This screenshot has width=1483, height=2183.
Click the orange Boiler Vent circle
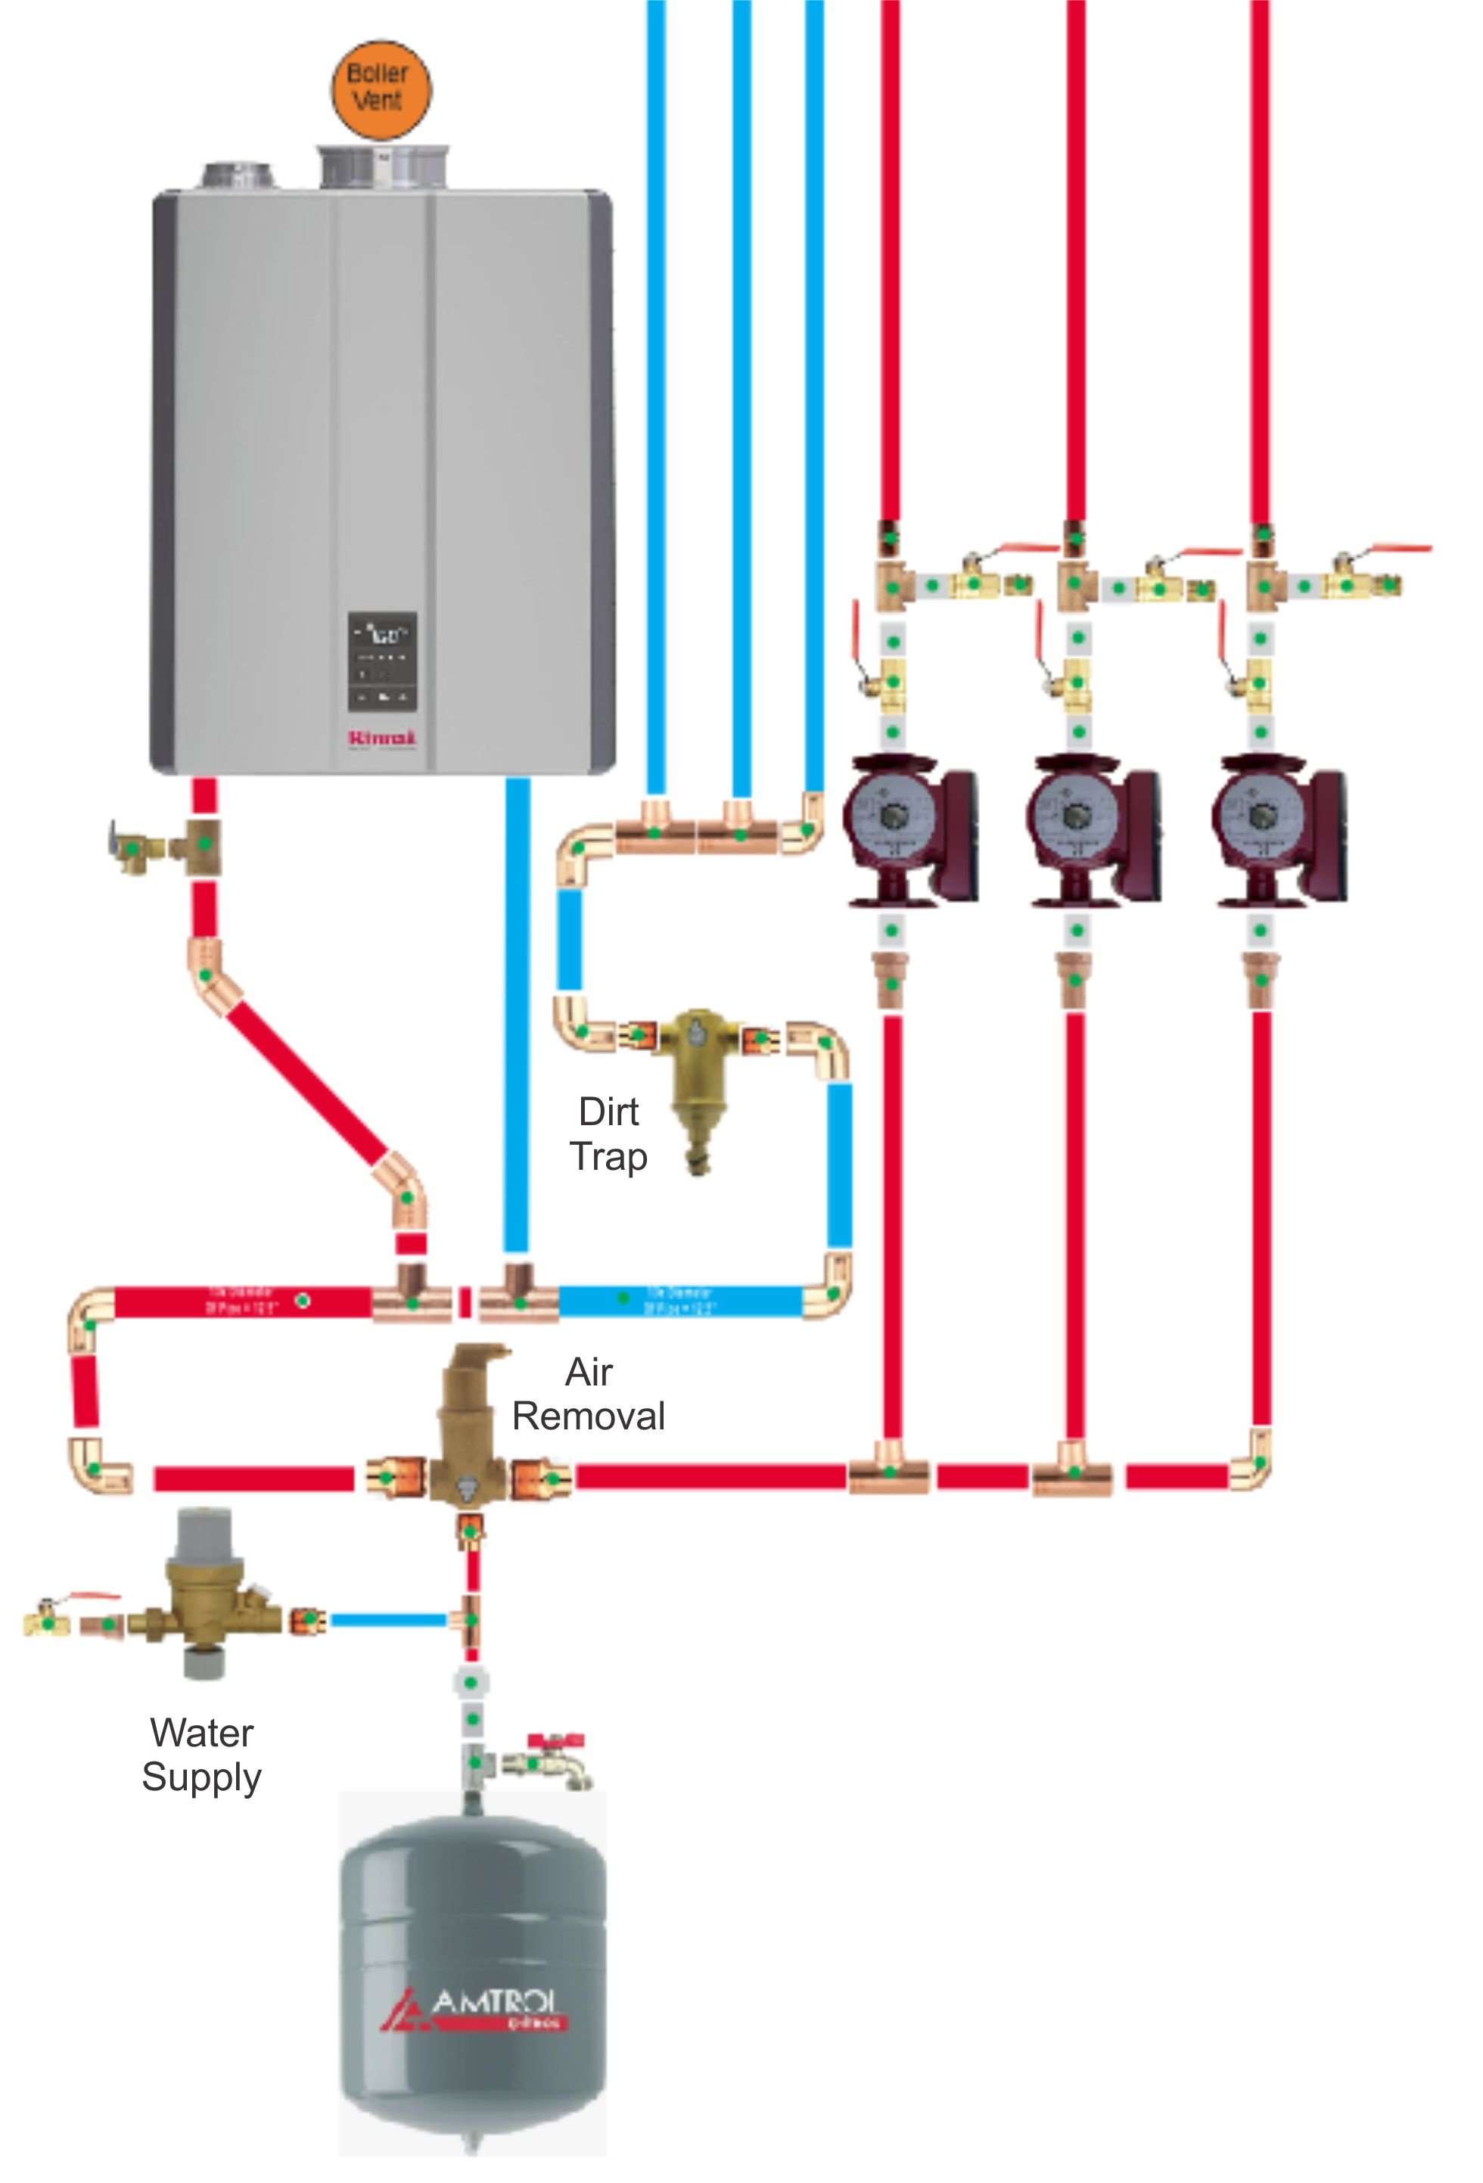(381, 89)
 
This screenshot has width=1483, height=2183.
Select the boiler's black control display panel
(382, 661)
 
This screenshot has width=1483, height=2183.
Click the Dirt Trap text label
(608, 1133)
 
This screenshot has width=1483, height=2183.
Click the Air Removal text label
(589, 1394)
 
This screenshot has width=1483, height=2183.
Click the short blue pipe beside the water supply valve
(387, 1619)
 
